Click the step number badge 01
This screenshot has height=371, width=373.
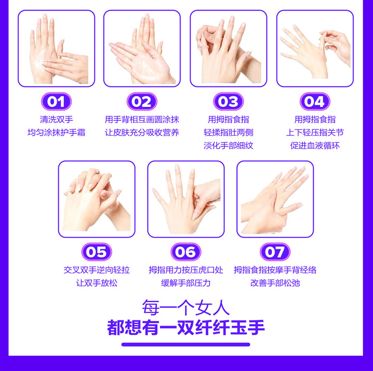pos(56,101)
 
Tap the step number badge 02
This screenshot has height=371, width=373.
pos(142,101)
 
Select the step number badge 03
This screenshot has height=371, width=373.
pos(228,101)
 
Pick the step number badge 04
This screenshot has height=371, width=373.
pos(315,101)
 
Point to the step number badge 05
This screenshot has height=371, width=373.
pos(96,252)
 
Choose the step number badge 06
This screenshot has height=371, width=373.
pos(186,252)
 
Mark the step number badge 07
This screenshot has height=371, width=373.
pos(275,252)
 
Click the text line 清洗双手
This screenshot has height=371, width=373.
pos(56,119)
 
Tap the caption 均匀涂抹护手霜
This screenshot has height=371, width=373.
pos(56,132)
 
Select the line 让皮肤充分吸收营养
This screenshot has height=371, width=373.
pos(142,132)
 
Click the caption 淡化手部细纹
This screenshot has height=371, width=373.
pos(228,146)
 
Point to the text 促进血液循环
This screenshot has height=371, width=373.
pos(315,146)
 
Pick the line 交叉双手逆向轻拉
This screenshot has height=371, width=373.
pos(96,270)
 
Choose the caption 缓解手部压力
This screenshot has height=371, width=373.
pos(186,283)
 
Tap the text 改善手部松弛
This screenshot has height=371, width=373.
pos(275,283)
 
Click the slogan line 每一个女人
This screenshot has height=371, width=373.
pos(186,307)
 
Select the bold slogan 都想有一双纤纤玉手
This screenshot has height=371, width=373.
pos(186,327)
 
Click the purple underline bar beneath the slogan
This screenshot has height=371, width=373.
pos(186,344)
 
